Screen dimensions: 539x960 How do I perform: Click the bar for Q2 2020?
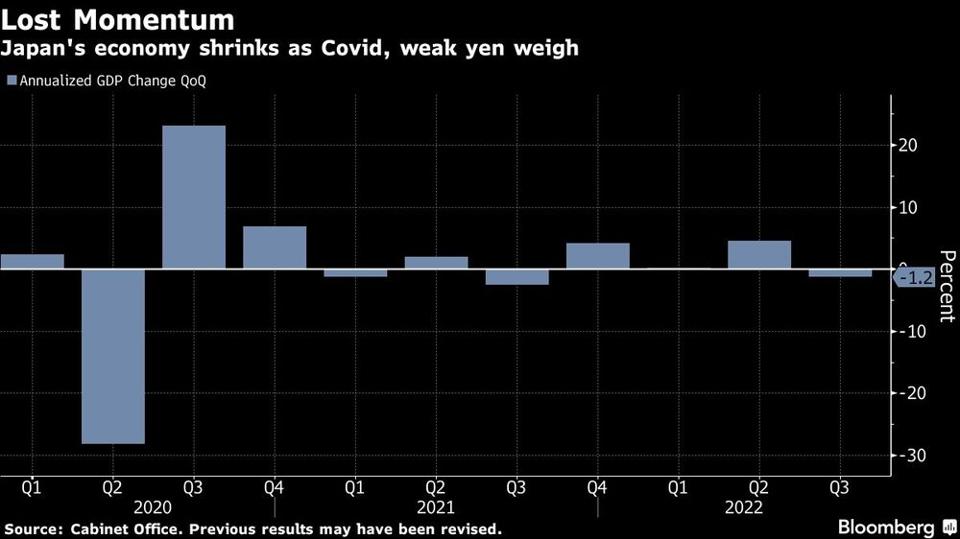click(112, 356)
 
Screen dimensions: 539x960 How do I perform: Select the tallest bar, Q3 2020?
click(194, 198)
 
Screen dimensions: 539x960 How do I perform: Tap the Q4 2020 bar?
click(275, 247)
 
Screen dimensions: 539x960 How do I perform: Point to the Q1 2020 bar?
click(32, 261)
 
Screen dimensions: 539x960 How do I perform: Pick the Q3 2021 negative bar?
click(516, 276)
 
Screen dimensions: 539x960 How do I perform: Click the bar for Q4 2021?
click(597, 256)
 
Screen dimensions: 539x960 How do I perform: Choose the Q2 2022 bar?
click(759, 255)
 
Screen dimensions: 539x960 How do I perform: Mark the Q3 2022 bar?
click(840, 272)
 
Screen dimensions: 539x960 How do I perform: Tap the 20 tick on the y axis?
click(908, 146)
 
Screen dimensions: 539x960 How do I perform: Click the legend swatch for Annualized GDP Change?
click(11, 82)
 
